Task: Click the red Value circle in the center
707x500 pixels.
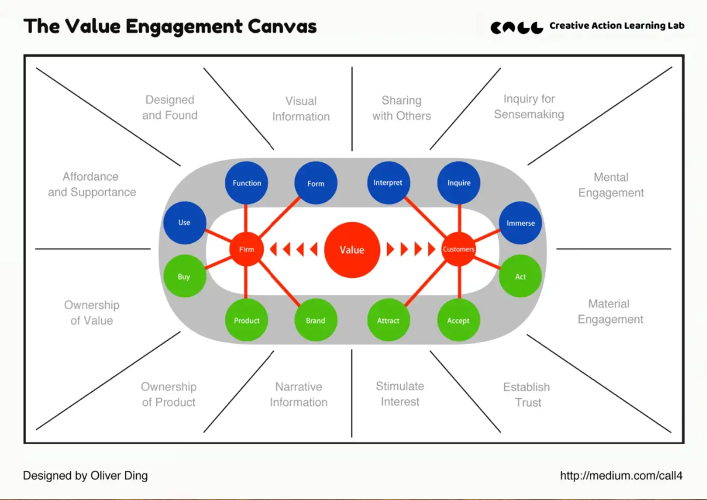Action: pyautogui.click(x=351, y=250)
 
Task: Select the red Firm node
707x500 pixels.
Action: pyautogui.click(x=246, y=249)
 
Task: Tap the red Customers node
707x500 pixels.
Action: pyautogui.click(x=458, y=249)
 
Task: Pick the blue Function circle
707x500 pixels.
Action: pyautogui.click(x=247, y=183)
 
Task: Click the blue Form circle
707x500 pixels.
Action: pyautogui.click(x=316, y=184)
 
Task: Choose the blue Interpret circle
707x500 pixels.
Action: pyautogui.click(x=388, y=183)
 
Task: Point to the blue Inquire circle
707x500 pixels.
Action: pyautogui.click(x=459, y=183)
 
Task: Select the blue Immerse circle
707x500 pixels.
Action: pyautogui.click(x=520, y=223)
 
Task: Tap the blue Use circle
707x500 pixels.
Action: pyautogui.click(x=184, y=223)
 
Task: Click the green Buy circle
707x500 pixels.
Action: pyautogui.click(x=184, y=276)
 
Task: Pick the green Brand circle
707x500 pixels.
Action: pyautogui.click(x=316, y=320)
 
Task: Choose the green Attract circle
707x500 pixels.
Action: pyautogui.click(x=388, y=320)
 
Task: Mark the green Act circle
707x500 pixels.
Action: pyautogui.click(x=520, y=276)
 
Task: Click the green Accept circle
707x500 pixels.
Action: pyautogui.click(x=458, y=320)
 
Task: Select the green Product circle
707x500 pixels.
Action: pyautogui.click(x=247, y=320)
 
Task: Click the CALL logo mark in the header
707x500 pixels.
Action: pyautogui.click(x=517, y=27)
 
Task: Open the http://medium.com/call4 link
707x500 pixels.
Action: pyautogui.click(x=621, y=476)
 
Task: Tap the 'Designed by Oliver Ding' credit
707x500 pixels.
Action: pyautogui.click(x=85, y=476)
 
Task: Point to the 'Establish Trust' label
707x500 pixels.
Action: pyautogui.click(x=527, y=395)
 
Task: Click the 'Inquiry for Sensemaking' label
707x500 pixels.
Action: pyautogui.click(x=529, y=106)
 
